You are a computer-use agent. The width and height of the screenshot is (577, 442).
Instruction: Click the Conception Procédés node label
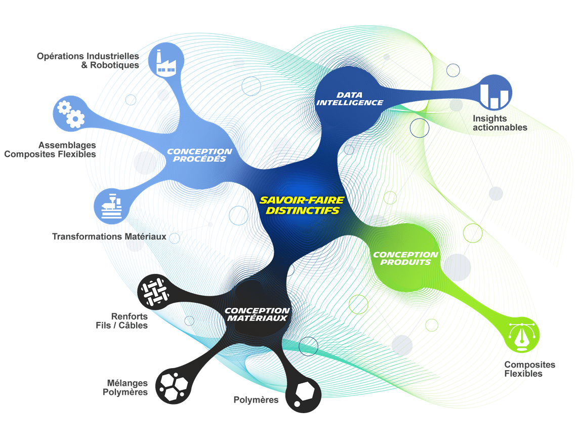click(199, 155)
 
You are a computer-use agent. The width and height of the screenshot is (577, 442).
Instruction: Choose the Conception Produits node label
click(405, 258)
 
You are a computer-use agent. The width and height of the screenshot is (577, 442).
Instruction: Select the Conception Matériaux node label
click(257, 314)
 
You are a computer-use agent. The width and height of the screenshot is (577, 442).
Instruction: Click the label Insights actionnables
click(500, 123)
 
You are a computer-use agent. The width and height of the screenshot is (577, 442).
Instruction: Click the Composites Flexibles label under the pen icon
click(529, 369)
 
